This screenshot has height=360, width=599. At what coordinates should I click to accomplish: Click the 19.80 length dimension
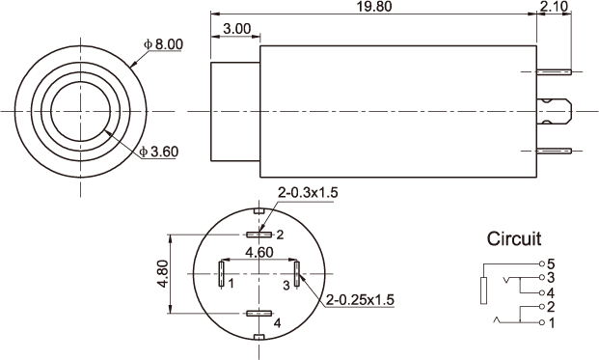374,7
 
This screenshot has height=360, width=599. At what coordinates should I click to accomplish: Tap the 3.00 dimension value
237,29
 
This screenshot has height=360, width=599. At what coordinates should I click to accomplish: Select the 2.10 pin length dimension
554,7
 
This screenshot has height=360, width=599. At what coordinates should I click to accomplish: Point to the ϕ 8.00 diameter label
164,44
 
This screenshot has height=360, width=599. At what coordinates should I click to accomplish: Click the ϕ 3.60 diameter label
159,152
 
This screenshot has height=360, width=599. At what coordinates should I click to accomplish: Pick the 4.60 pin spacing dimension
259,252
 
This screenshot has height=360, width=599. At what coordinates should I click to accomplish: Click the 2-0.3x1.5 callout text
308,193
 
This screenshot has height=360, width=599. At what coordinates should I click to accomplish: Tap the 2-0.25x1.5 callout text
360,300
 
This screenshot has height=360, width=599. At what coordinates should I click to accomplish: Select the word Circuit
514,238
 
